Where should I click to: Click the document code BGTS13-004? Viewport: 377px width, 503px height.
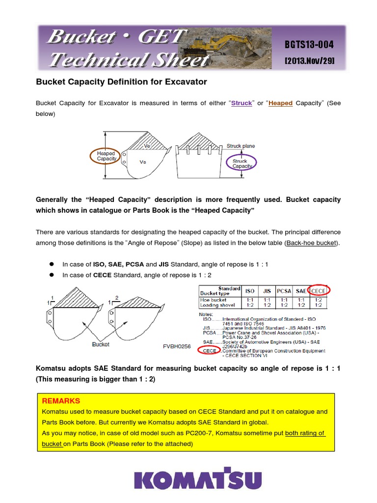[309, 45]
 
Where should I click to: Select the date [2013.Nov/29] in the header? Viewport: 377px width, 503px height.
[309, 60]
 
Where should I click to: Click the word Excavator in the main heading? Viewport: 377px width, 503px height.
[183, 82]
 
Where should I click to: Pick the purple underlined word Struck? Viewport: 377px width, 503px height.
[241, 103]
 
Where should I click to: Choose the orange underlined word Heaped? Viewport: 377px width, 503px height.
[280, 103]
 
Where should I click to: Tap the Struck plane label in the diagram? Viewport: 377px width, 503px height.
[241, 146]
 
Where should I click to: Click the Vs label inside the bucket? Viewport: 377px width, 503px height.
[143, 162]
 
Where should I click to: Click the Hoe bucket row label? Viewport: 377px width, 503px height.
[214, 299]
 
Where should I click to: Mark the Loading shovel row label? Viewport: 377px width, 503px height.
[217, 305]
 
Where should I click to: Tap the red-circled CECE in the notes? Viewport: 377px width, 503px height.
[209, 350]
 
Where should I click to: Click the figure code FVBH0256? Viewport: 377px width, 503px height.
[176, 346]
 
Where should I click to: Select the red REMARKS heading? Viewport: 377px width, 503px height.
[61, 401]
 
